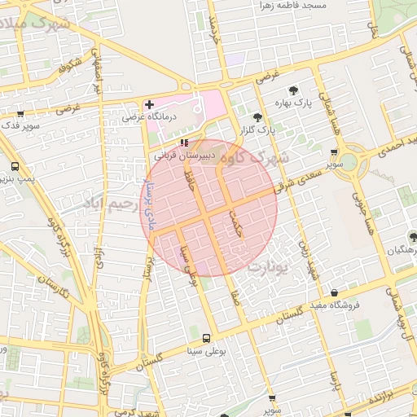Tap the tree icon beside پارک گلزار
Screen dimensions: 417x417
(x=258, y=117)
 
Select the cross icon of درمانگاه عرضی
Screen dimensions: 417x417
(x=149, y=105)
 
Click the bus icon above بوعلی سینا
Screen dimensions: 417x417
(x=205, y=338)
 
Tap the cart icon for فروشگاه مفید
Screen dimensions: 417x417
(x=334, y=293)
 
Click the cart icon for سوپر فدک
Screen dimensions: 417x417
(x=20, y=115)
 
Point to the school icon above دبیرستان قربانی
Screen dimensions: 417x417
(x=183, y=142)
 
